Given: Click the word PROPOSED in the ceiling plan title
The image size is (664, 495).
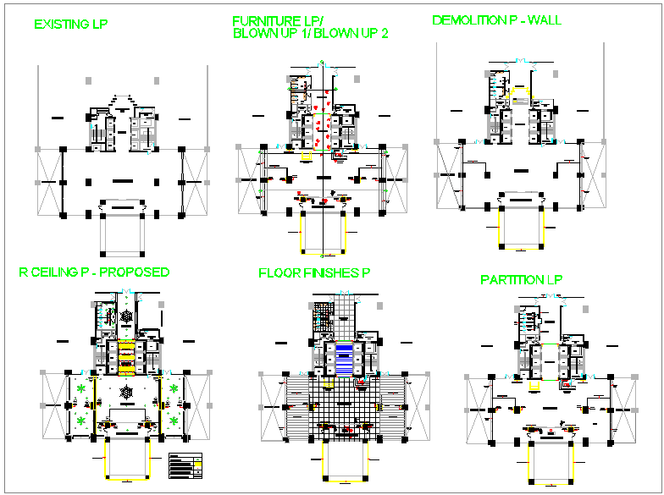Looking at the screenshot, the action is (138, 272).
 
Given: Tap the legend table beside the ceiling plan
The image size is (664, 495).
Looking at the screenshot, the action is (186, 464).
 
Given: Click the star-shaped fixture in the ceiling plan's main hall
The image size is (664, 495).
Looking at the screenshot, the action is (126, 393).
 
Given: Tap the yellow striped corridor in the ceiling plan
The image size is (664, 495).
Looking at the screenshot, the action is (125, 357).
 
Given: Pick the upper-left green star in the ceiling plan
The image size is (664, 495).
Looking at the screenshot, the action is (81, 388).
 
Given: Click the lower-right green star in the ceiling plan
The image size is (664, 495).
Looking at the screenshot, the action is (174, 420).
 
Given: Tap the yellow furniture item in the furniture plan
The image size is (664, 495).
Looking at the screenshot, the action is (306, 157).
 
